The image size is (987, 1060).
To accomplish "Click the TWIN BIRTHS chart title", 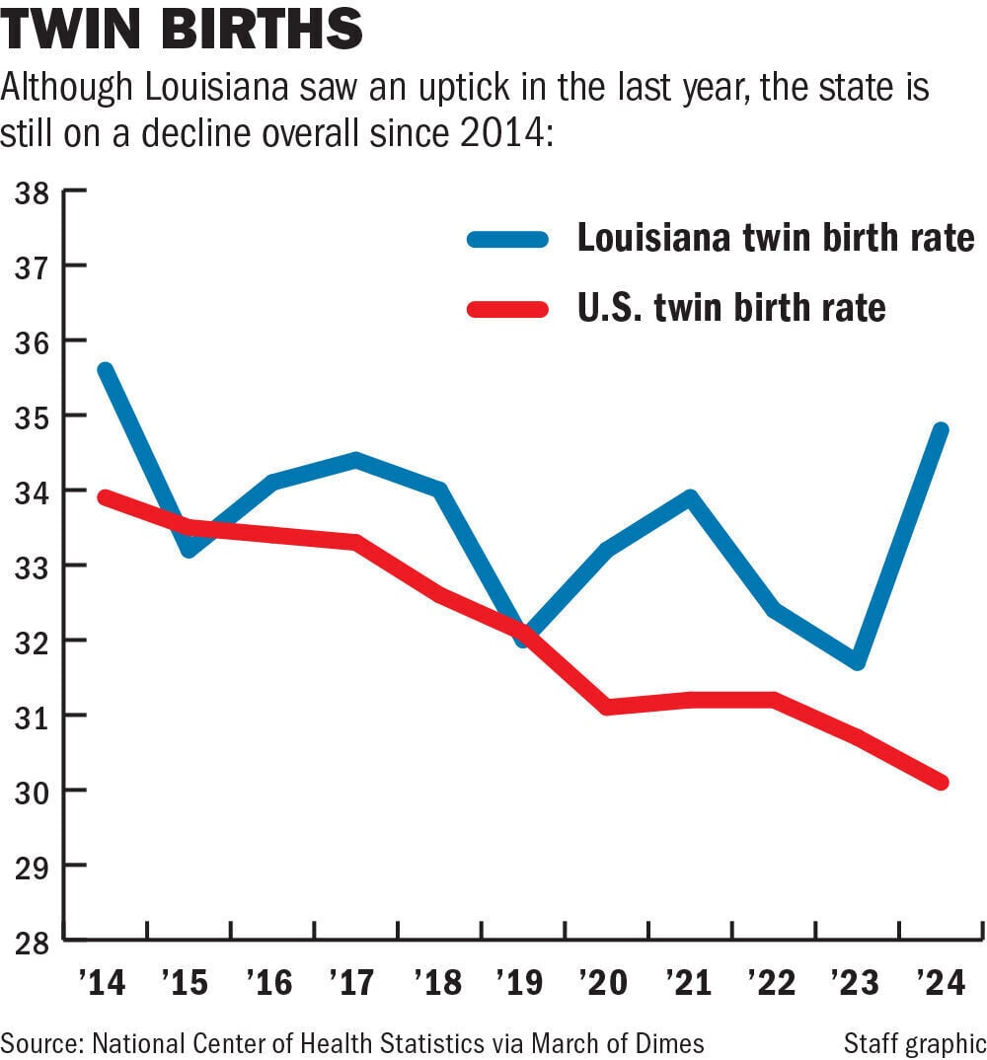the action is pos(182,28).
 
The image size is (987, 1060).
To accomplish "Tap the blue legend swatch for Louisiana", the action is pos(507,239).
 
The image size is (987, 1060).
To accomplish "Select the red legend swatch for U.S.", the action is pos(507,310).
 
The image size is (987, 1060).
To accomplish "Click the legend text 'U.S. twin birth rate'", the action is pos(731,308).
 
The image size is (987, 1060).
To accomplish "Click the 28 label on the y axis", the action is pos(33,942).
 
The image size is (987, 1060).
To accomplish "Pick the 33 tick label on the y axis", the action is pos(33,568).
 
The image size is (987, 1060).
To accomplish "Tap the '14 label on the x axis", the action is pos(103,982).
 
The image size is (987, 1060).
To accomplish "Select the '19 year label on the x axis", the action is pos(519,982).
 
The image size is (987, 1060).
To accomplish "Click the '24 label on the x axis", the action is pos(941,982).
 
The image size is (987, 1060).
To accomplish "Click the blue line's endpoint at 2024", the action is pos(941,430).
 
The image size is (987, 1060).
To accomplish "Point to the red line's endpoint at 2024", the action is pos(941,782).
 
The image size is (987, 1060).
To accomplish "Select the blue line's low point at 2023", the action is pos(857,661).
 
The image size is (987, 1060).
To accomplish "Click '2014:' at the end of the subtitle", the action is pos(507,133).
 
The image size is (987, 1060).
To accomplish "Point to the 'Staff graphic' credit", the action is pos(915,1044).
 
